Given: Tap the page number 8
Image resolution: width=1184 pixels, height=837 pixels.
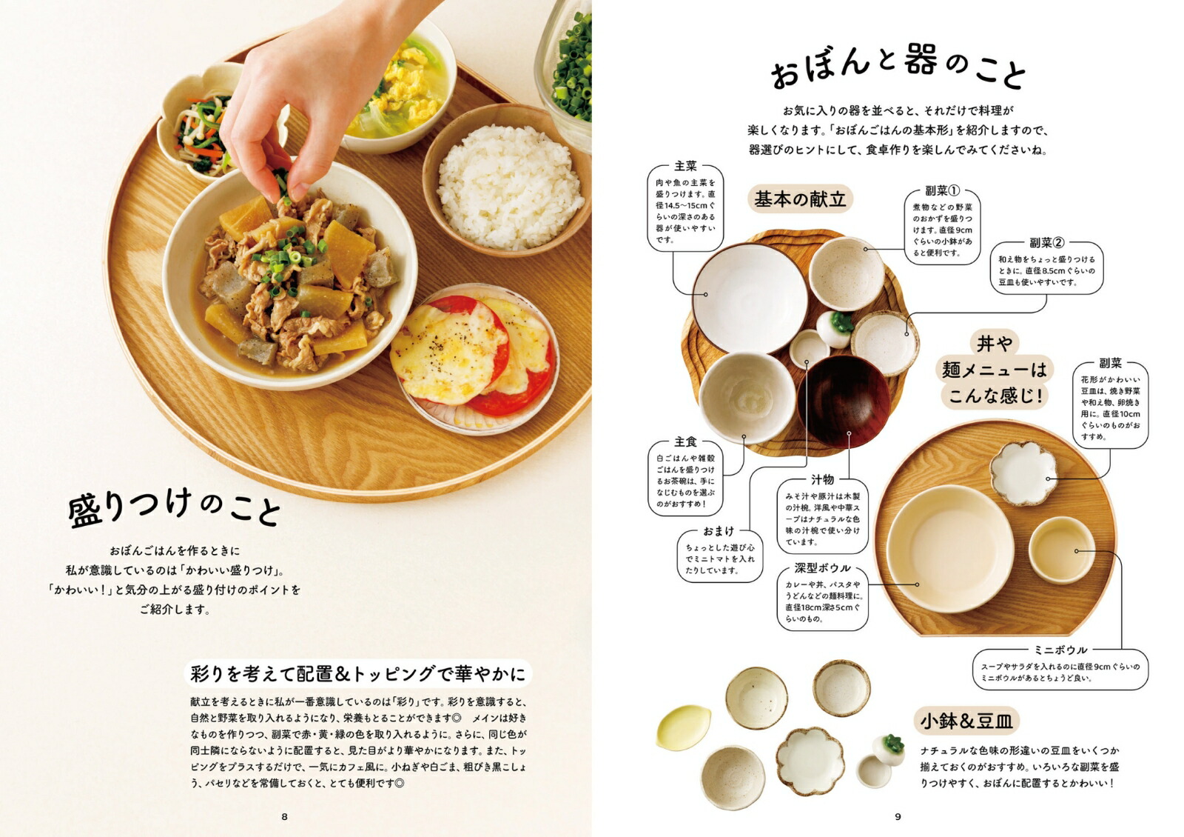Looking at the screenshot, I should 284,816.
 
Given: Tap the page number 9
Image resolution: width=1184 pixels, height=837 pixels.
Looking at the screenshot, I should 898,816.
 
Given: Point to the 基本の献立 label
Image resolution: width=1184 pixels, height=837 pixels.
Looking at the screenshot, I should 800,199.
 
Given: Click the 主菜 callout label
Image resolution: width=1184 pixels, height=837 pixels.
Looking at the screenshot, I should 685,166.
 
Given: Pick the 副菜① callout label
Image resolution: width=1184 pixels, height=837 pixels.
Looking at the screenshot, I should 941,191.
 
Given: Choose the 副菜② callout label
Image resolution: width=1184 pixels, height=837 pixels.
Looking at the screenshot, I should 1046,242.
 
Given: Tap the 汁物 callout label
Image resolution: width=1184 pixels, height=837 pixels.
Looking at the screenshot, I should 822,479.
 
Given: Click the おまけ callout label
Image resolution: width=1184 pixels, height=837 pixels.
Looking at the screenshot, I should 719,531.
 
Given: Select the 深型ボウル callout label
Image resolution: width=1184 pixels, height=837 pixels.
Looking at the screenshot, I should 822,568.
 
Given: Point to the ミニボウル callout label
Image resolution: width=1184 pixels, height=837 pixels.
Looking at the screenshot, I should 1060,650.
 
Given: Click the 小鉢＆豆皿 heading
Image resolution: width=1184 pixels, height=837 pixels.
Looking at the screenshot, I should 966,720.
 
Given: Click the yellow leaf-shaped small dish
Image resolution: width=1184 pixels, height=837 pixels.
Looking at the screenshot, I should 682,727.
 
